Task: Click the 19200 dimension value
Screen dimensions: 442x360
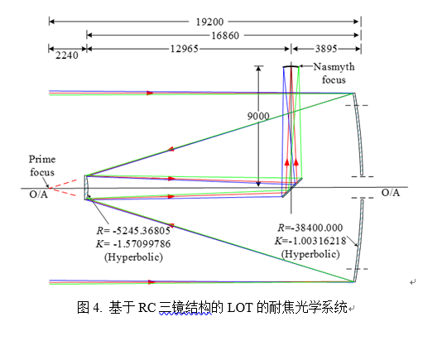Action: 209,22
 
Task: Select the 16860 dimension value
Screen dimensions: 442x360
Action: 225,36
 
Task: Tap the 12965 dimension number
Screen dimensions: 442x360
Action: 185,49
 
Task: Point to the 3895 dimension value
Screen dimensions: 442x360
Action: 326,49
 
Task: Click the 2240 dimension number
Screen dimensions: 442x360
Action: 67,55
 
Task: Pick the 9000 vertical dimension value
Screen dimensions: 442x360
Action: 258,116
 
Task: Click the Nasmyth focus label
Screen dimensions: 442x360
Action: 334,74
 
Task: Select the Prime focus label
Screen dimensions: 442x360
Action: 42,166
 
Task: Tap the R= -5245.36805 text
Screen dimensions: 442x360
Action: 133,231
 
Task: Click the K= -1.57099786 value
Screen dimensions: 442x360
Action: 133,243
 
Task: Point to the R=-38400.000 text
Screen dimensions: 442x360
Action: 310,228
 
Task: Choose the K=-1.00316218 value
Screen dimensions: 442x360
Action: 310,241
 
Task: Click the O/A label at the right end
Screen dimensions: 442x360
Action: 391,193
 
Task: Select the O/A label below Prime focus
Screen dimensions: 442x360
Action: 39,194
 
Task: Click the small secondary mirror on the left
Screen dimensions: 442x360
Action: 87,188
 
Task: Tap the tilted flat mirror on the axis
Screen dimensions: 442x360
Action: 292,188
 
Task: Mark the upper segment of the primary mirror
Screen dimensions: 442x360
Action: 358,134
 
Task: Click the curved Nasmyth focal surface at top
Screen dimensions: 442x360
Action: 291,66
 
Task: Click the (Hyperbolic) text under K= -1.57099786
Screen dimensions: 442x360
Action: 133,257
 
